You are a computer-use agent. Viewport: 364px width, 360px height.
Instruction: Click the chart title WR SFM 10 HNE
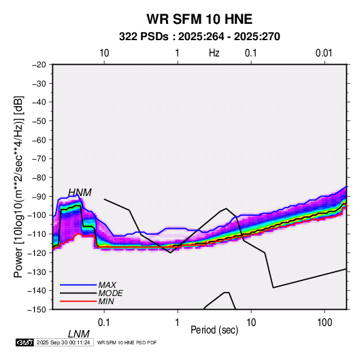(x=199, y=19)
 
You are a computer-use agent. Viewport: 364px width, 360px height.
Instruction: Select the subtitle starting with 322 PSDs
(x=199, y=37)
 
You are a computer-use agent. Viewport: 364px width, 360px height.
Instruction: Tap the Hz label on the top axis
(x=214, y=53)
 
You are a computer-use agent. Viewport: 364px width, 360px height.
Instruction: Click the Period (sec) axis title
(x=214, y=330)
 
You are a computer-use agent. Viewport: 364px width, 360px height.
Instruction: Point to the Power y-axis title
(x=18, y=187)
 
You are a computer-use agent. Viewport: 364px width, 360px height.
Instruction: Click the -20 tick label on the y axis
(x=39, y=65)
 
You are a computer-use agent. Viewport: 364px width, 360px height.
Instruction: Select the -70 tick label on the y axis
(x=39, y=159)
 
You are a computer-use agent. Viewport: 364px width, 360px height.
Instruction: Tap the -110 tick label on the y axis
(x=37, y=234)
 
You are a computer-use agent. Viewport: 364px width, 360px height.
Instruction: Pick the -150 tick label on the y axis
(x=37, y=310)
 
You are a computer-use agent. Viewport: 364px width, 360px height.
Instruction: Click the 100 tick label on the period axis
(x=325, y=323)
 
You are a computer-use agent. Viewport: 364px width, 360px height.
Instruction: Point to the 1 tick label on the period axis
(x=177, y=323)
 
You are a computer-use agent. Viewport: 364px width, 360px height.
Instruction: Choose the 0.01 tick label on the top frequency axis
(x=324, y=53)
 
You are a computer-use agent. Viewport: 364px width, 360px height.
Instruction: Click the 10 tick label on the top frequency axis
(x=104, y=53)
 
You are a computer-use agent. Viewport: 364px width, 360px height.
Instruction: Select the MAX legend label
(x=107, y=285)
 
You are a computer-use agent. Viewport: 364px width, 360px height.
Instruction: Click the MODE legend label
(x=110, y=293)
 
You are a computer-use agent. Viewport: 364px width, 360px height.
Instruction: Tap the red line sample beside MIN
(x=78, y=301)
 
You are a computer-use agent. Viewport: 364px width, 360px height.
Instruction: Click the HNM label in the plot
(x=80, y=193)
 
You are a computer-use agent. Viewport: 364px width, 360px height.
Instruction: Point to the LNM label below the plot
(x=79, y=334)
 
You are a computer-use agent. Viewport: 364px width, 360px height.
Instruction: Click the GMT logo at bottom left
(x=25, y=342)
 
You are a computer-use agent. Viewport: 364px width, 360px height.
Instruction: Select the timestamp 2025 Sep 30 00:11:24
(x=63, y=342)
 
